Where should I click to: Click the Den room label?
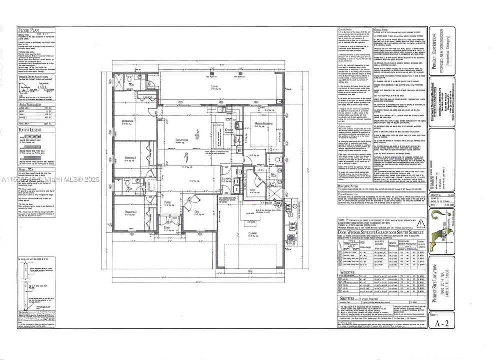tap(197, 212)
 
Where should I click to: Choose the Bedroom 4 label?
tap(129, 121)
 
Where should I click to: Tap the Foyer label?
tap(168, 202)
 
